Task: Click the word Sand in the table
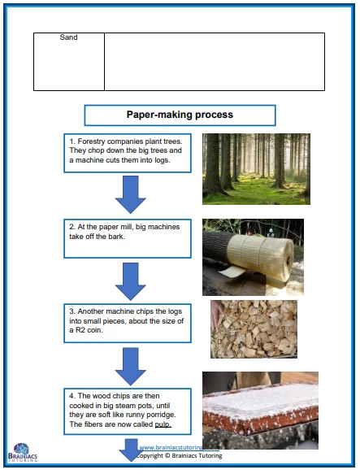click(x=68, y=37)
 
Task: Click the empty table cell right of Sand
click(x=215, y=62)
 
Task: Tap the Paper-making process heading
click(x=180, y=115)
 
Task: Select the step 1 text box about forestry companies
click(x=128, y=154)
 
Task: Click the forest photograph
click(x=256, y=169)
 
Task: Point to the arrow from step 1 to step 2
click(x=131, y=194)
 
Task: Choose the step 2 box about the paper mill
click(x=128, y=238)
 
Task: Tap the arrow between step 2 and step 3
click(x=131, y=281)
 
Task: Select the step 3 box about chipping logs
click(x=128, y=323)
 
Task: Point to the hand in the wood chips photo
click(x=217, y=315)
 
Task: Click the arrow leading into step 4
click(x=131, y=367)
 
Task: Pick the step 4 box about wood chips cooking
click(x=128, y=411)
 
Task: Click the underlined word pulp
click(x=163, y=424)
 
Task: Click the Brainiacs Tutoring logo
click(x=23, y=452)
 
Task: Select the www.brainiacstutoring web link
click(x=171, y=447)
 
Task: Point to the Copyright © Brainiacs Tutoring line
click(x=179, y=455)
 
